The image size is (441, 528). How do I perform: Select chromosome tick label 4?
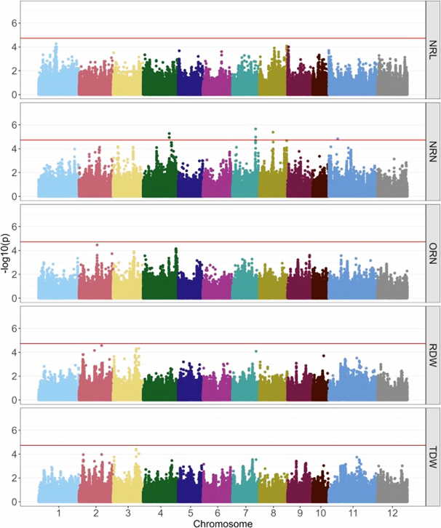click(159, 512)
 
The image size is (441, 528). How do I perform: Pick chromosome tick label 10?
click(319, 512)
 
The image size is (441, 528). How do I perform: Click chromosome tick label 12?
click(392, 512)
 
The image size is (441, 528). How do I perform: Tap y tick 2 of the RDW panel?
click(26, 376)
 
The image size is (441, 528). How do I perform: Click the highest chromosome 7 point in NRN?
click(255, 129)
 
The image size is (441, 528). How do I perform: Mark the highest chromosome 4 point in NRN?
click(170, 134)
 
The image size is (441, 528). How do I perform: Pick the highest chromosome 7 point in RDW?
click(256, 351)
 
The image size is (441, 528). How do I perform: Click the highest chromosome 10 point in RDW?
click(324, 356)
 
